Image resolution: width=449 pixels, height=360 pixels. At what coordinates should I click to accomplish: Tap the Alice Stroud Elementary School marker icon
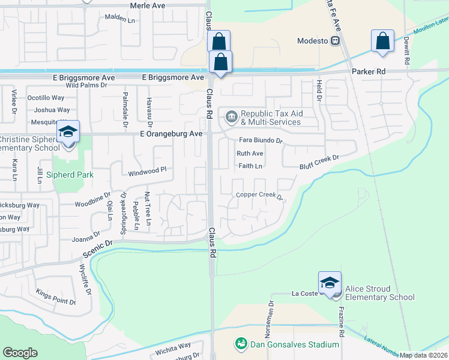pos(330,283)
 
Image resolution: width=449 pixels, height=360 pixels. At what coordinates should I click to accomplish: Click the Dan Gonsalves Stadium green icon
pos(241,344)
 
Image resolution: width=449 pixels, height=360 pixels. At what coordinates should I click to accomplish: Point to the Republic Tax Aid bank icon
pos(231,115)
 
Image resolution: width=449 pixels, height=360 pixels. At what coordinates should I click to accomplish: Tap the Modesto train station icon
pos(336,41)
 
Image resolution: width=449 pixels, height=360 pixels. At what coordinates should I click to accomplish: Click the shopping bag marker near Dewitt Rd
pos(382,41)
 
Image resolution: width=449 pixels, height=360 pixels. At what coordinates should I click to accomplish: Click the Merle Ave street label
pos(147,5)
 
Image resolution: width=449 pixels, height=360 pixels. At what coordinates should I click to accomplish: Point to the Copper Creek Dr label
pos(259,194)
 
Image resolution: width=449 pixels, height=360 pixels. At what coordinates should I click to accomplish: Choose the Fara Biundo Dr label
pos(261,140)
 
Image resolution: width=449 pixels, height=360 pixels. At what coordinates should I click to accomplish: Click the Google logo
pos(20,352)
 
